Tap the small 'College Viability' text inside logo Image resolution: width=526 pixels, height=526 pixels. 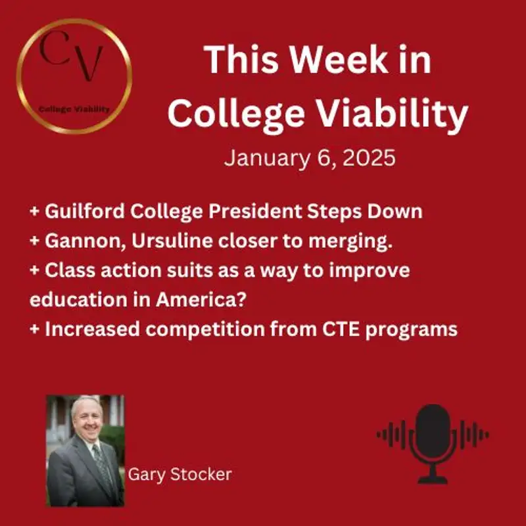pos(74,109)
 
